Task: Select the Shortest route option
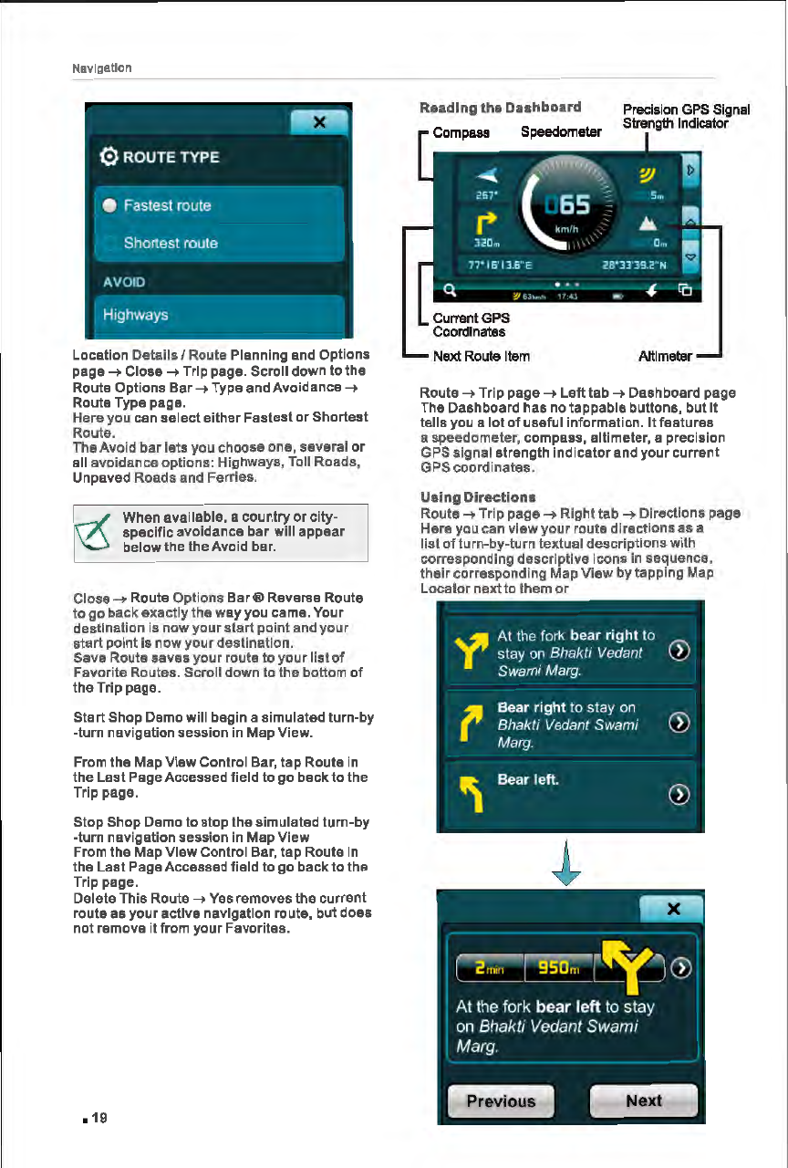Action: [x=171, y=243]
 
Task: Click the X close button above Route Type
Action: [x=319, y=123]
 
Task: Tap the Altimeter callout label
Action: [x=665, y=356]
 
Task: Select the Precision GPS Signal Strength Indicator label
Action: [x=685, y=117]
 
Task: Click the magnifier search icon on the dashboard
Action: [x=450, y=293]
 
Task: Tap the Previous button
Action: [x=501, y=1101]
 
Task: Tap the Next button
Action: [x=644, y=1100]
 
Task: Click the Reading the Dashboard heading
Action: [x=499, y=108]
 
